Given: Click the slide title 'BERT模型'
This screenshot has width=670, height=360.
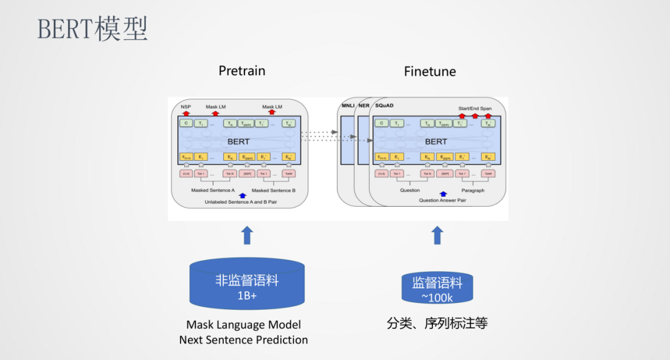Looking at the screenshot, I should coord(92,29).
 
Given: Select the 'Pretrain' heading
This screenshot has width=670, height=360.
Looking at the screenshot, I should coord(242,71).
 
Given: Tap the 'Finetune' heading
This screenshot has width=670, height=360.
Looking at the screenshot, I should coord(429,71).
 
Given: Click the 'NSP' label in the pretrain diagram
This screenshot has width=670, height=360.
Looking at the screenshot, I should coord(185,107).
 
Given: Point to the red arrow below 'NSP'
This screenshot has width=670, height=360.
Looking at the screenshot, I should coord(185,113).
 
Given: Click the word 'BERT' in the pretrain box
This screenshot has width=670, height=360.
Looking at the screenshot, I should coord(238,142).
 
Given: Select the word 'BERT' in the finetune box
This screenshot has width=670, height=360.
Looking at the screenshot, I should coord(435,142).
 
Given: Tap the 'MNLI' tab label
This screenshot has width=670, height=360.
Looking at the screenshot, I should coord(347,106).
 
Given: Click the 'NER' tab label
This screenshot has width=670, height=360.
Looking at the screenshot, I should coord(364,106).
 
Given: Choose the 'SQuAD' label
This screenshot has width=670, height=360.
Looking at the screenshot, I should coord(385,106).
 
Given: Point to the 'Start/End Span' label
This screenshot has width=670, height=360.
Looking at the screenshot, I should coord(475,109).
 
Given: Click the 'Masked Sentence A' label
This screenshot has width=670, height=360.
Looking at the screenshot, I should coord(213,190).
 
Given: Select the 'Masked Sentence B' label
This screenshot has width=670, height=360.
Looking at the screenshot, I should coord(274,190).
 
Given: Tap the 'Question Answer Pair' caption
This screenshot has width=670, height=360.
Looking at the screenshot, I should coord(443,200).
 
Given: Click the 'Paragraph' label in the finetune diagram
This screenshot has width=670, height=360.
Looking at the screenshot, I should coord(473,190).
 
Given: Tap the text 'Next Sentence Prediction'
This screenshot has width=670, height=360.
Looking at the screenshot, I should coord(243,340).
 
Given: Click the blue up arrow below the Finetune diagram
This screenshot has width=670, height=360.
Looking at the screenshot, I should coord(437,235).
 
